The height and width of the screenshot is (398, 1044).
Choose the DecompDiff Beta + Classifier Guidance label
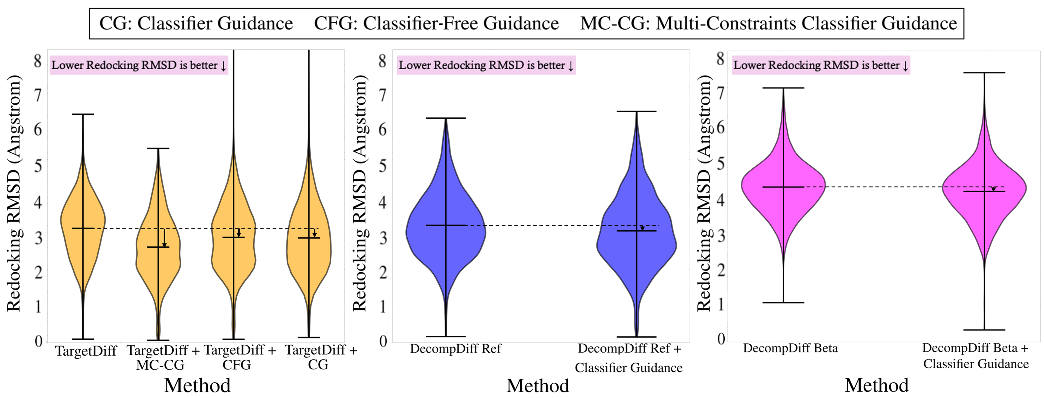pyautogui.click(x=975, y=356)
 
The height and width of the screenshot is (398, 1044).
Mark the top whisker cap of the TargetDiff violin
pyautogui.click(x=83, y=114)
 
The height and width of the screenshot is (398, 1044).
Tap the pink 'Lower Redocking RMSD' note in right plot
pyautogui.click(x=821, y=65)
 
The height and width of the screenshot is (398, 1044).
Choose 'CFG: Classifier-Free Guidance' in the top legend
pyautogui.click(x=437, y=23)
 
